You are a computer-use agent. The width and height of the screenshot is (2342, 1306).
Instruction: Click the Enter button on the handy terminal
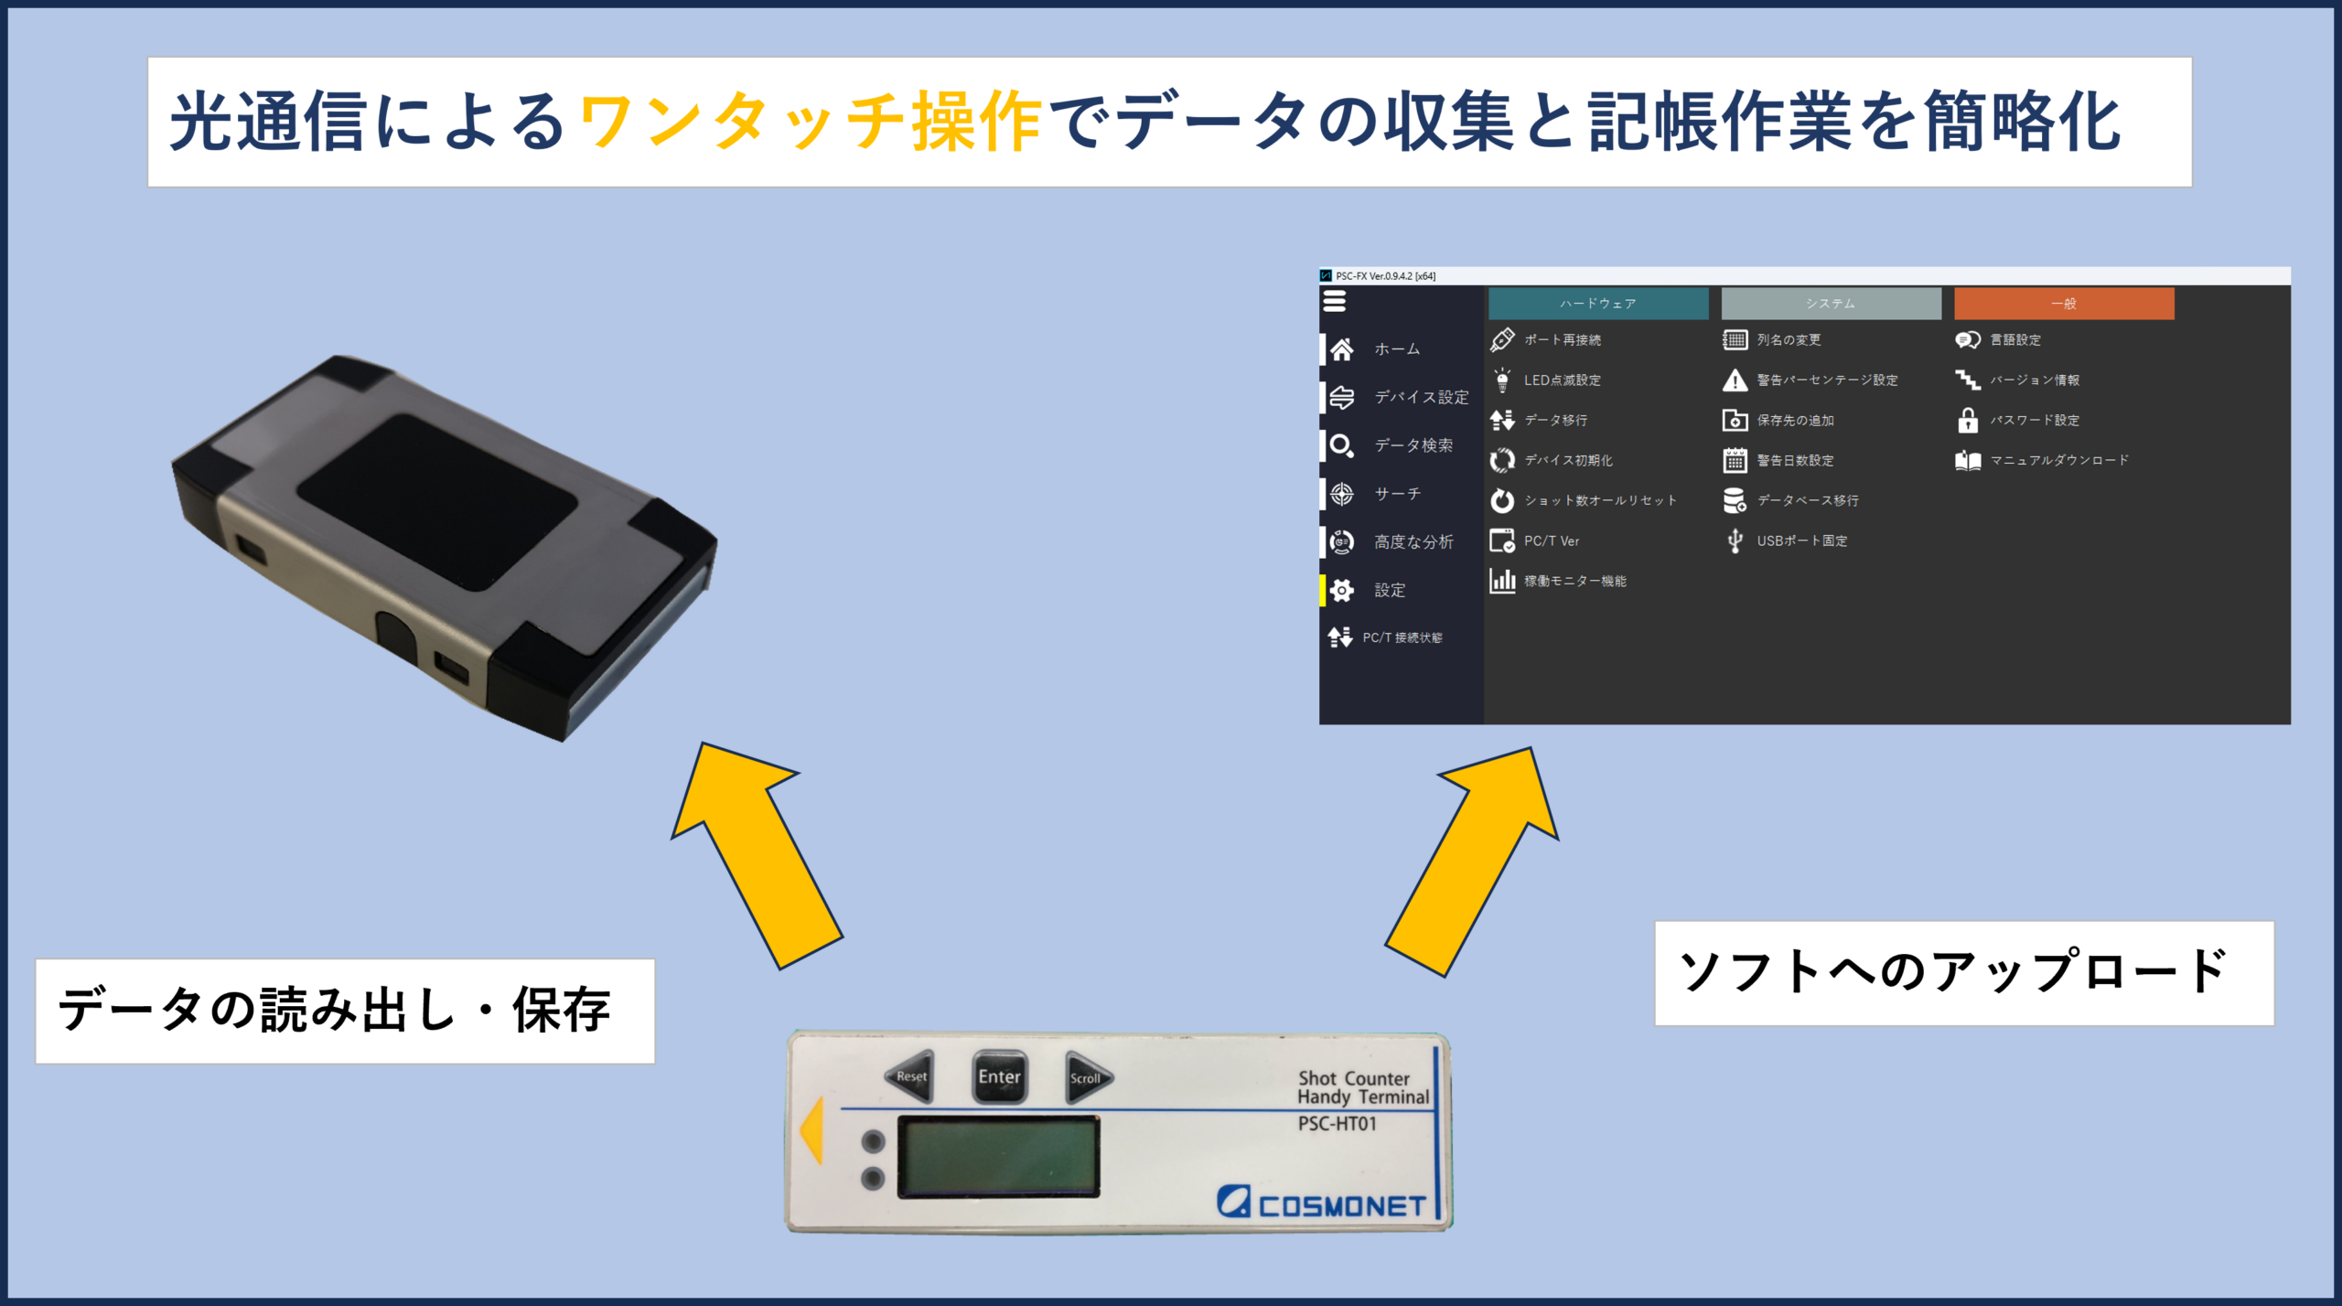[999, 1076]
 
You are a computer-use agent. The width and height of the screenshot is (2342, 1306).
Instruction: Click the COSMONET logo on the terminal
[1321, 1202]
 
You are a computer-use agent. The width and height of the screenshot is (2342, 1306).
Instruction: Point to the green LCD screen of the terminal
[998, 1156]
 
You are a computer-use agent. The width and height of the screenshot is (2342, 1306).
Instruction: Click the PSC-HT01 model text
[1337, 1124]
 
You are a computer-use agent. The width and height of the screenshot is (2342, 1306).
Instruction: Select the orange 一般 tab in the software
[2064, 304]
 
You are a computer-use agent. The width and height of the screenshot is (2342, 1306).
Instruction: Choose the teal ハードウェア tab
[1598, 304]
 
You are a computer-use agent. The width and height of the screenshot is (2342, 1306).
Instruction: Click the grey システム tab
[1831, 304]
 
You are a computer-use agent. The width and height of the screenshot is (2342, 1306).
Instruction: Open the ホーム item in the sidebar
[1397, 349]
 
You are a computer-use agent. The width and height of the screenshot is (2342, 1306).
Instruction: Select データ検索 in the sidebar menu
[1413, 445]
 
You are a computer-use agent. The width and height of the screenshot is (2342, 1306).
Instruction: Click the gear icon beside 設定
[1342, 591]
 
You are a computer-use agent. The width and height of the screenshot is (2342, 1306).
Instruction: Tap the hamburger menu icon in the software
[1335, 301]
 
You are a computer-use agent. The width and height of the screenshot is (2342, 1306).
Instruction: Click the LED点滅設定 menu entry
[1562, 380]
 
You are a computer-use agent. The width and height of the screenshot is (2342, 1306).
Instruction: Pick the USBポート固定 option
[1801, 541]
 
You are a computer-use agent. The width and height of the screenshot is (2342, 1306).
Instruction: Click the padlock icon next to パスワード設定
[1968, 421]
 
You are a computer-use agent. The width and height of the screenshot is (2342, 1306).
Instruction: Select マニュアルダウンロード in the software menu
[2059, 460]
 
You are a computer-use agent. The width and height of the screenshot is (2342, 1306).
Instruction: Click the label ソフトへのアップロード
[1952, 971]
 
